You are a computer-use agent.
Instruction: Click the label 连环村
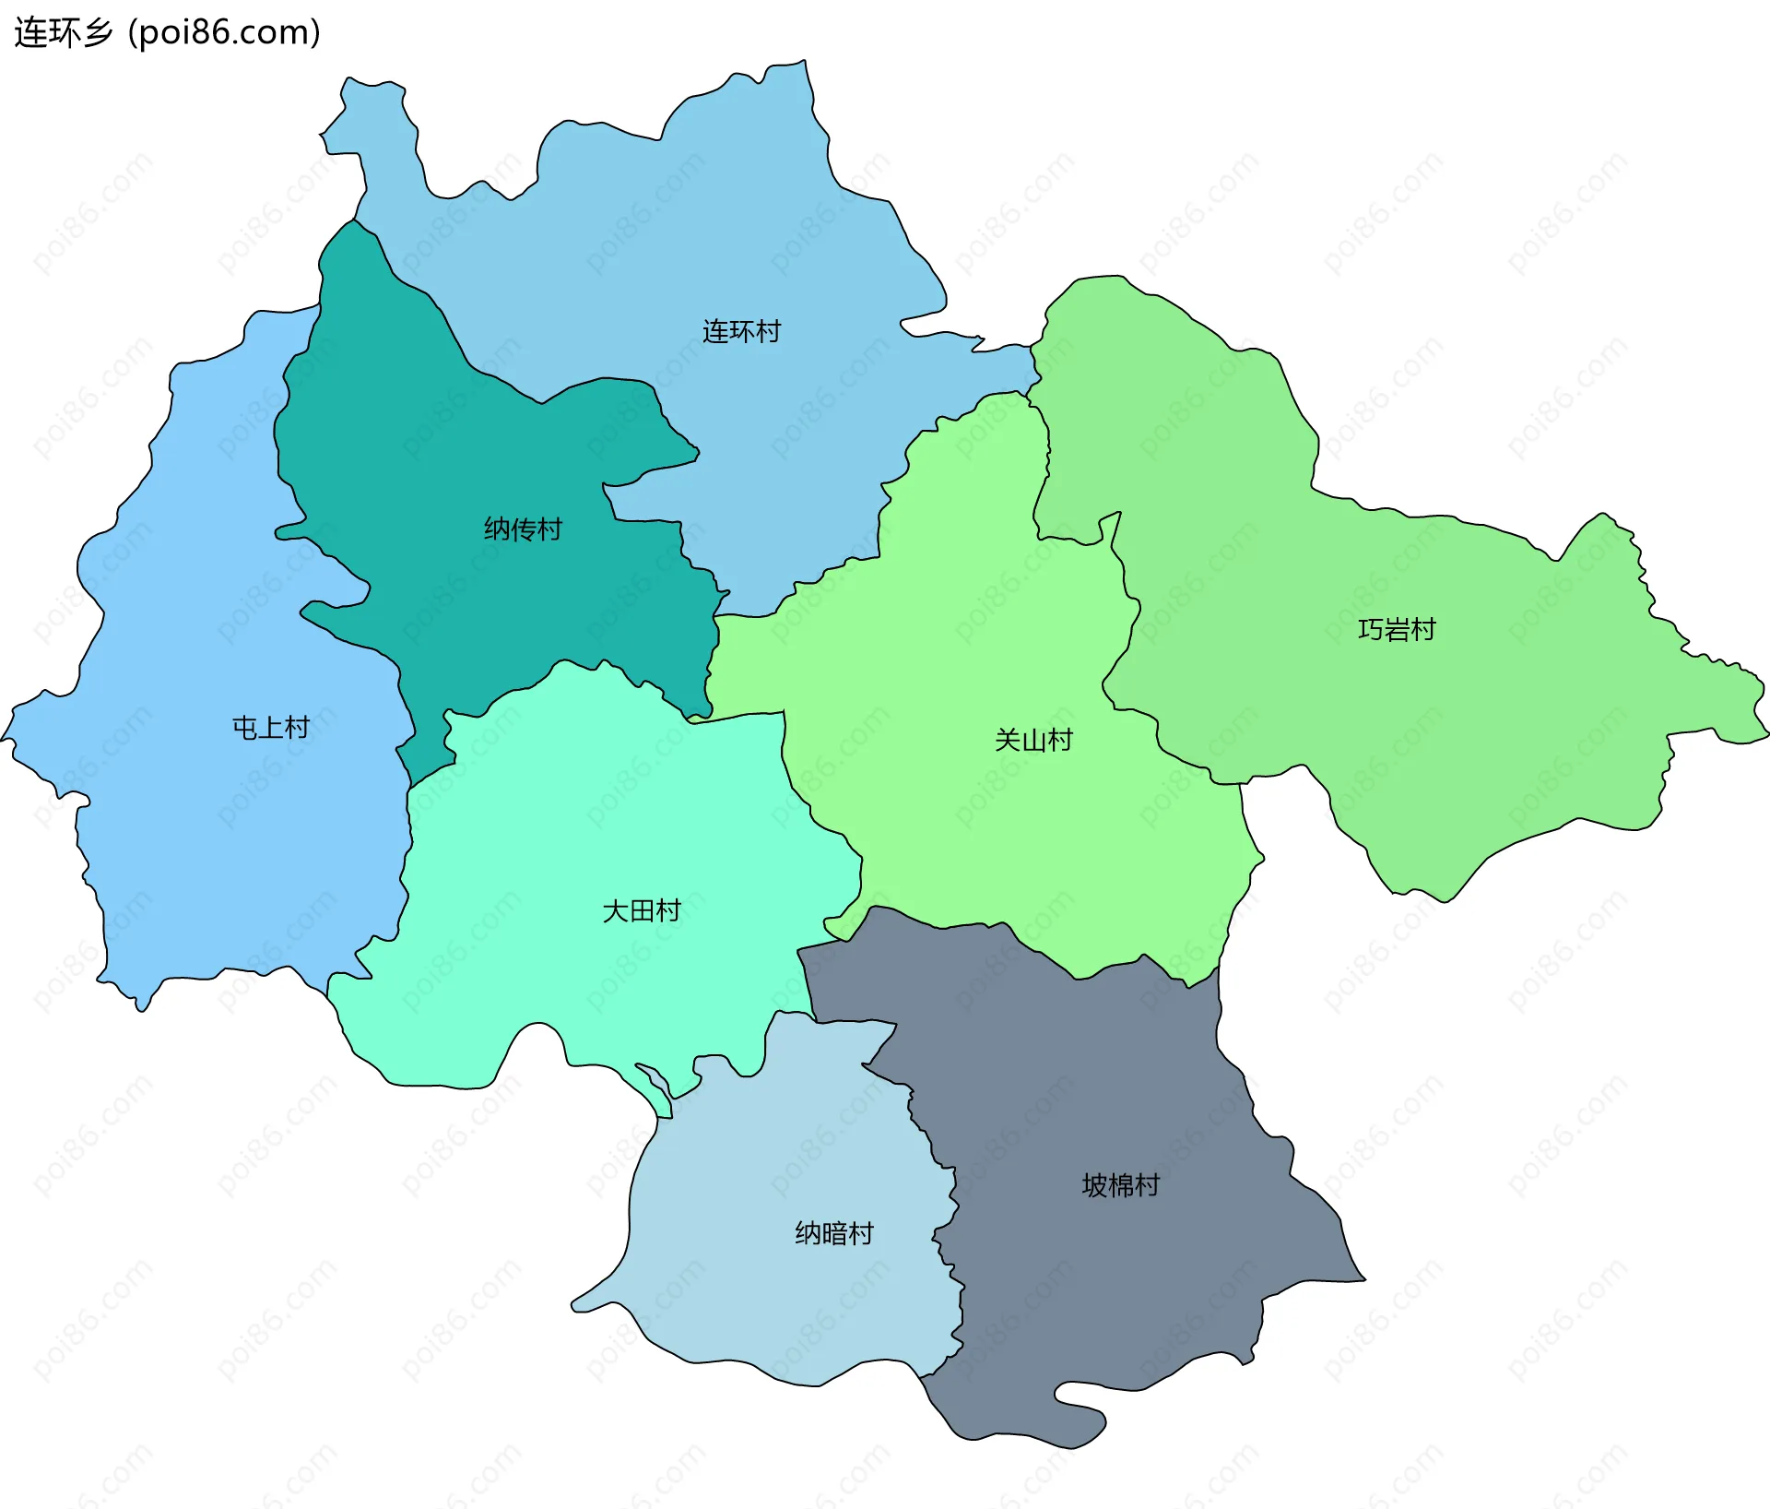pos(741,331)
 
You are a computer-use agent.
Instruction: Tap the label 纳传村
pos(523,529)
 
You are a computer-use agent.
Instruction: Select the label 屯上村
pos(270,728)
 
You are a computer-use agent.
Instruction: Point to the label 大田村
pos(641,910)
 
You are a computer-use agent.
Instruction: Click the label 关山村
pos(1032,740)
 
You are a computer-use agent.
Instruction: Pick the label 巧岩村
pos(1397,630)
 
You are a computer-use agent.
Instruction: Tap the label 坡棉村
pos(1120,1185)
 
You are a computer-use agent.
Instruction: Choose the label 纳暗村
pos(833,1233)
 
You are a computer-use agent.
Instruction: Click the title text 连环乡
pos(63,33)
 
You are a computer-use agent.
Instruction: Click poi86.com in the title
pos(224,33)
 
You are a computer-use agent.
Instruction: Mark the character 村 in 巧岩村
pos(1423,630)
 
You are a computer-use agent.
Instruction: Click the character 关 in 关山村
pos(1007,740)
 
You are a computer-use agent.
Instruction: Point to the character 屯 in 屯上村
pos(244,728)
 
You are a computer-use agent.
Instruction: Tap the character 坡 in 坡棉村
pos(1094,1185)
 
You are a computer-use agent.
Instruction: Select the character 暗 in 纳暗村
pos(833,1233)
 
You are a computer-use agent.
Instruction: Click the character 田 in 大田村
pos(641,910)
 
